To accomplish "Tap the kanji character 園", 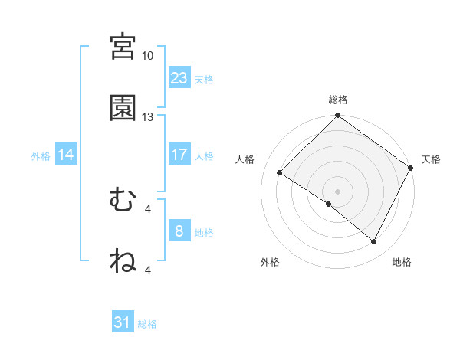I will (x=123, y=108).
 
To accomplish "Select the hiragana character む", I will (x=123, y=200).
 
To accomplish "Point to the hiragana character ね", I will (x=123, y=261).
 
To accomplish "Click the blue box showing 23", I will (x=179, y=77).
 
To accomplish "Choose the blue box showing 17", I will (x=179, y=154).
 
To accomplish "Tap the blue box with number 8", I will (x=179, y=231).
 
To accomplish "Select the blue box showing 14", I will (x=66, y=155).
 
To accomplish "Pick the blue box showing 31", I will (x=123, y=322).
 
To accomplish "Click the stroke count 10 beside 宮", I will (x=148, y=56).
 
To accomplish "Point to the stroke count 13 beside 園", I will (x=148, y=117).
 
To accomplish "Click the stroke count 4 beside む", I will (x=148, y=208).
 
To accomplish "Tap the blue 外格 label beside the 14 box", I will (x=41, y=155).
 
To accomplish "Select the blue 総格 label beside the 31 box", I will (x=147, y=324).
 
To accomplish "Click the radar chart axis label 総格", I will (x=338, y=100).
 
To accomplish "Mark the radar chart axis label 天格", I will (x=432, y=159).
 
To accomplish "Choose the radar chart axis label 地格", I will (x=402, y=262).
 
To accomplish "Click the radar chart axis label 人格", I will (x=245, y=159).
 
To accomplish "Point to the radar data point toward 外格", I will (x=329, y=205).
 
